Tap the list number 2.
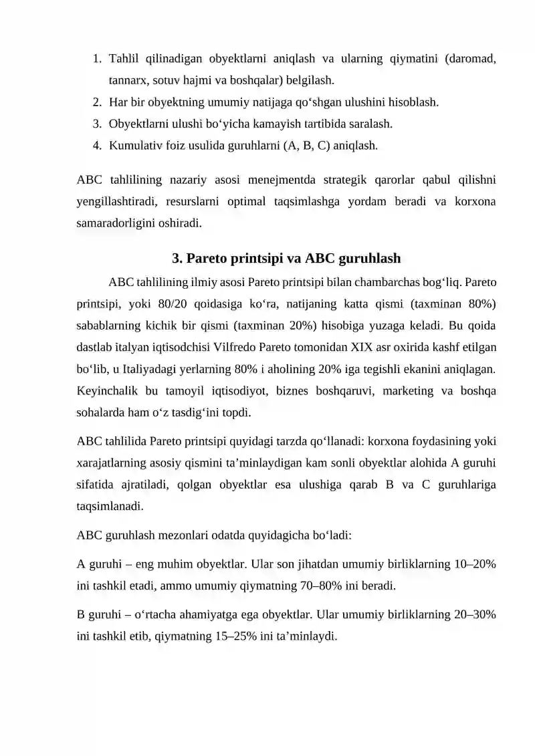pyautogui.click(x=97, y=102)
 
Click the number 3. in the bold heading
pyautogui.click(x=178, y=258)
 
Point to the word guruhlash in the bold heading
pyautogui.click(x=372, y=258)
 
